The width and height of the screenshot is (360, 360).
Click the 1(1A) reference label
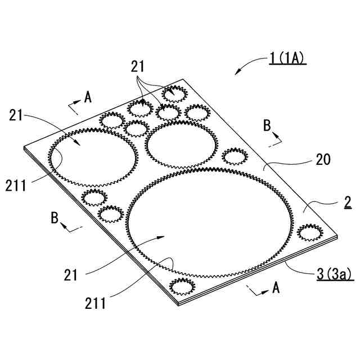coord(287,57)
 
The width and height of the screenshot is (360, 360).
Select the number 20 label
coord(323,160)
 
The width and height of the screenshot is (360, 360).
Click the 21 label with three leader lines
coord(138,66)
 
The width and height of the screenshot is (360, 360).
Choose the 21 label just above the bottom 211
coord(71,275)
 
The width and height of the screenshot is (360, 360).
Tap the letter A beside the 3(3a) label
coord(276,287)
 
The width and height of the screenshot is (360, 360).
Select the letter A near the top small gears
coord(88,97)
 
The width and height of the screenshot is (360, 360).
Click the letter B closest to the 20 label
coord(267,125)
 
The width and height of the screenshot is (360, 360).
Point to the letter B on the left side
coord(55,218)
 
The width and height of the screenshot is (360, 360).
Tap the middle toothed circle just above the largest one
coord(181,145)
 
